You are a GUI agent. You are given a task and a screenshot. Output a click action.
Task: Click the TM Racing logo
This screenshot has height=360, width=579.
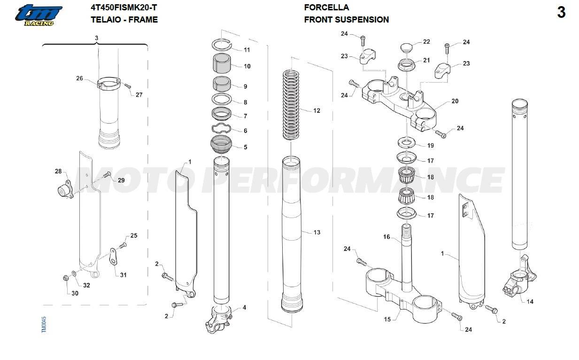(38, 15)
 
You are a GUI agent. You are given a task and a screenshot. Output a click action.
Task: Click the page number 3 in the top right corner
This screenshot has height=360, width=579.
(561, 13)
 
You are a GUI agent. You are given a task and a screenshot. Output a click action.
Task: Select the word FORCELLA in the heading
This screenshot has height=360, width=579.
(326, 8)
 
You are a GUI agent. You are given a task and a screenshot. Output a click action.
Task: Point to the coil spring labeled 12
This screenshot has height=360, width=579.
(292, 104)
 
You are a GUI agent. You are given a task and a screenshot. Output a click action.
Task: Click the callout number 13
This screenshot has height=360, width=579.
(317, 232)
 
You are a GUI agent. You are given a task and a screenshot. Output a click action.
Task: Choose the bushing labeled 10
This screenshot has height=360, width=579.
(222, 63)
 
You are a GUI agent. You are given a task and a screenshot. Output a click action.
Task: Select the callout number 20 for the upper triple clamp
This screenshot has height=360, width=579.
(455, 101)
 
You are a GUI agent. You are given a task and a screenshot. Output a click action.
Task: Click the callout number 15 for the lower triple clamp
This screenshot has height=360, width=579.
(387, 320)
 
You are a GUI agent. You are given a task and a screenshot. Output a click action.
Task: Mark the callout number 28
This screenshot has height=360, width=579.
(58, 172)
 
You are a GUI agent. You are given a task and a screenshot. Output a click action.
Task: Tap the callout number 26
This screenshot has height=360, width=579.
(79, 78)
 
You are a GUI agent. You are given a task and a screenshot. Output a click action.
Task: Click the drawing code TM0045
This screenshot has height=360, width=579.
(44, 325)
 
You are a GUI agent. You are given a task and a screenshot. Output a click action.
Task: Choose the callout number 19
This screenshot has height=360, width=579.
(430, 146)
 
